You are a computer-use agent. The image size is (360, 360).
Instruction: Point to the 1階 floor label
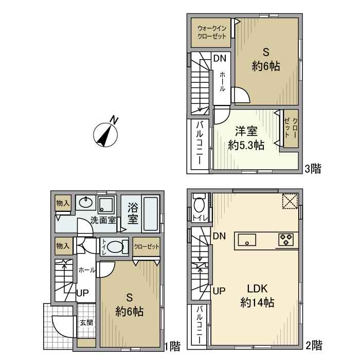pyautogui.click(x=172, y=346)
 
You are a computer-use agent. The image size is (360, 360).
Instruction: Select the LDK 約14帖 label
pyautogui.click(x=257, y=295)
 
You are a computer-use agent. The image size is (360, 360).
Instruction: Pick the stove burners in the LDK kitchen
pyautogui.click(x=285, y=239)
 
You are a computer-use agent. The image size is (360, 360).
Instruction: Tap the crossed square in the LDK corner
pyautogui.click(x=290, y=201)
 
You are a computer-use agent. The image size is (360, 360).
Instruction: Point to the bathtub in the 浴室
pyautogui.click(x=150, y=213)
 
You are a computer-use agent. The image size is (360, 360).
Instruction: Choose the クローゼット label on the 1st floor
pyautogui.click(x=146, y=246)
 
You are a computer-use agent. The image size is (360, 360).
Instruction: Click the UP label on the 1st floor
pyautogui.click(x=83, y=294)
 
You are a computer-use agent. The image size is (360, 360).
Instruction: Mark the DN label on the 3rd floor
pyautogui.click(x=220, y=58)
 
